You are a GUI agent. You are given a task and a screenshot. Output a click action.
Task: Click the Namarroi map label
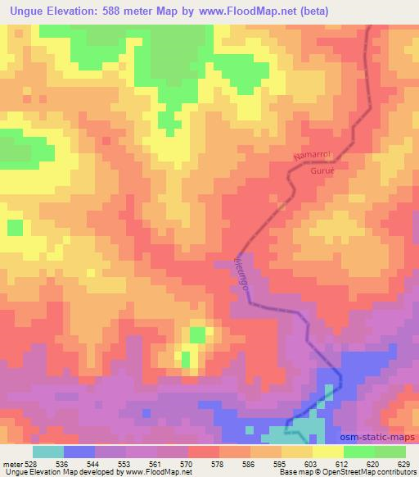311,159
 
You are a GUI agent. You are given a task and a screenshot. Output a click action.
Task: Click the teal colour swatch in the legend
47,452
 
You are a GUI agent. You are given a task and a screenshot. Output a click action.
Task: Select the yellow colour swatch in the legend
327,452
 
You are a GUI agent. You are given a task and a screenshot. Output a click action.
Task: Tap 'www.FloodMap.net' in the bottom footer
157,472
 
